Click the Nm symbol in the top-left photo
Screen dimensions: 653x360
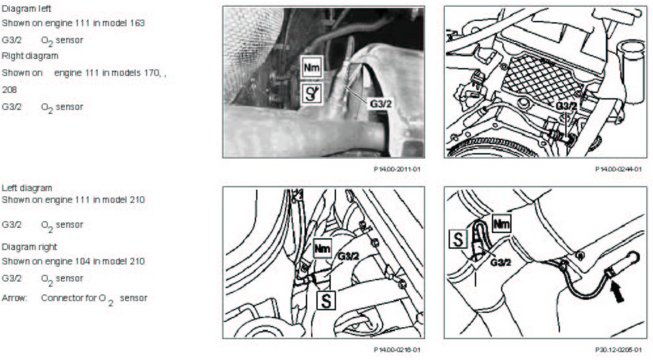pyautogui.click(x=312, y=67)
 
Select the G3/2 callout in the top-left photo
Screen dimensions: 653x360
pyautogui.click(x=381, y=103)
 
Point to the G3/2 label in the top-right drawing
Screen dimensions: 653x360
pyautogui.click(x=567, y=107)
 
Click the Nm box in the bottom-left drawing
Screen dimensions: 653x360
pyautogui.click(x=323, y=249)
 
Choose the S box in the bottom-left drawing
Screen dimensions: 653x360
pyautogui.click(x=326, y=300)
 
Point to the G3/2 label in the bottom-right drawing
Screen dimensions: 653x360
pyautogui.click(x=500, y=262)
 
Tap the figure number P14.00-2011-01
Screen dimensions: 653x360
pyautogui.click(x=397, y=169)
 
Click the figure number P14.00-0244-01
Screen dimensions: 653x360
pyautogui.click(x=618, y=169)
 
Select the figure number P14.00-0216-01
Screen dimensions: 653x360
pyautogui.click(x=397, y=350)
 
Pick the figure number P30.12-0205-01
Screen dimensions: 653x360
pyautogui.click(x=618, y=350)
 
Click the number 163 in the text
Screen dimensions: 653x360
pyautogui.click(x=138, y=24)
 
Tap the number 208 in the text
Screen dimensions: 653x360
pyautogui.click(x=9, y=90)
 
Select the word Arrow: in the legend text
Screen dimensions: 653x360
pyautogui.click(x=14, y=298)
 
